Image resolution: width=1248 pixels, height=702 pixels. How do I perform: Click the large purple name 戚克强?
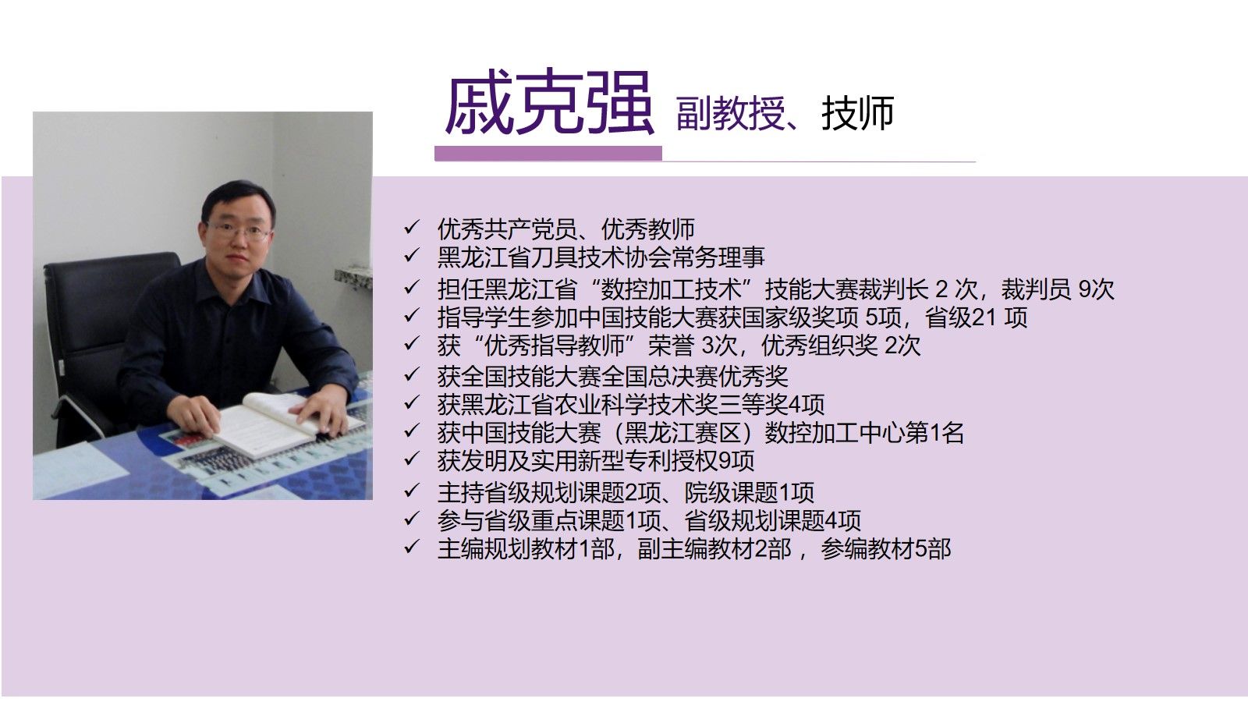549,103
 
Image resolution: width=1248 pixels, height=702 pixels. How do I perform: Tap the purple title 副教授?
730,114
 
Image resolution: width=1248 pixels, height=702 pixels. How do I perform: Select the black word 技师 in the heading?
857,114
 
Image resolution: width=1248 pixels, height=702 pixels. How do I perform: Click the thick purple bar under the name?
548,153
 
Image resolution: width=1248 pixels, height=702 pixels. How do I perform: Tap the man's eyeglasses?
239,230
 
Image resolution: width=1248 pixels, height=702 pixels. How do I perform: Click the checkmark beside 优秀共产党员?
412,227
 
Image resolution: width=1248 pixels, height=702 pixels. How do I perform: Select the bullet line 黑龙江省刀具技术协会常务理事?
601,257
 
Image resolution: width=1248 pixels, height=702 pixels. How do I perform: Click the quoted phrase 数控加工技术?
673,289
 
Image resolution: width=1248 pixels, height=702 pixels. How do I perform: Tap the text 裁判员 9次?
1057,289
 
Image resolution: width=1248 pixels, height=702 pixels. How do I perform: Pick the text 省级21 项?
976,317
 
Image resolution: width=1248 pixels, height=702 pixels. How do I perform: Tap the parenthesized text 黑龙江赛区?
683,433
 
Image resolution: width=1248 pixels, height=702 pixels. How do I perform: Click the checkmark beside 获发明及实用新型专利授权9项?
412,459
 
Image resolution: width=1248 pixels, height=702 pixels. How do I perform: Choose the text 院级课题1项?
750,492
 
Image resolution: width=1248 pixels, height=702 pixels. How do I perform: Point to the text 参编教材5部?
886,549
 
